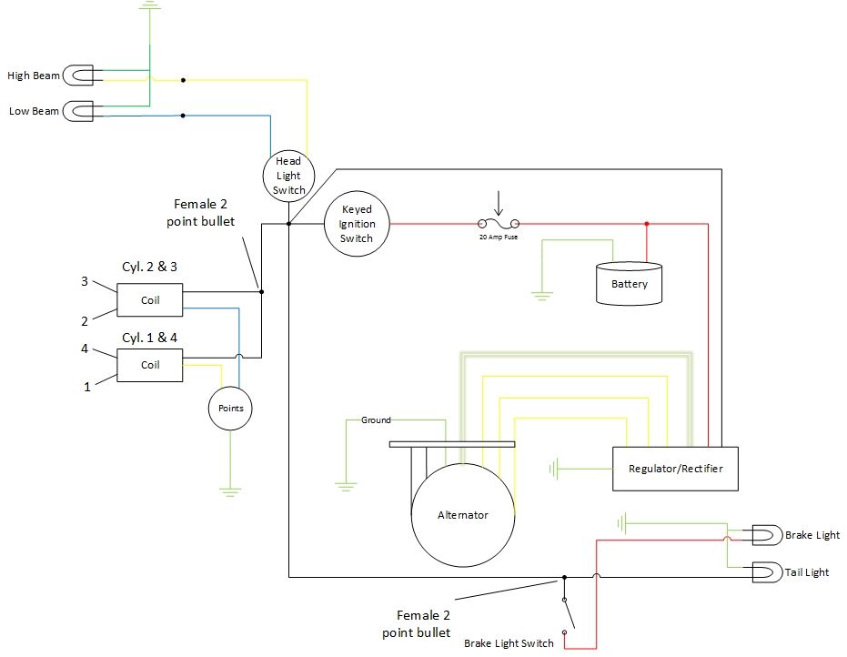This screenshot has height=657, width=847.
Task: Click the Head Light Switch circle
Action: click(x=289, y=176)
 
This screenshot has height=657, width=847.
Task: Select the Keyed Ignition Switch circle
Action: click(x=357, y=224)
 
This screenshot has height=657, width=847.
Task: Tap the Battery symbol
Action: click(x=629, y=283)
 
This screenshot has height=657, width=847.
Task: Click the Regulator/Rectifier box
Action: click(x=676, y=470)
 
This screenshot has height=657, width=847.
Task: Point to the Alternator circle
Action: click(x=463, y=515)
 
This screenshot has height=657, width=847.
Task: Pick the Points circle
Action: click(x=231, y=409)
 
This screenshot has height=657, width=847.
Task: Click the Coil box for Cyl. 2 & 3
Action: click(x=150, y=300)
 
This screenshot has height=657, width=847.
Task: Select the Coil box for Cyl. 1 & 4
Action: click(x=150, y=365)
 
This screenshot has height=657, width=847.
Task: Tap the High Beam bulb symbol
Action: click(x=83, y=76)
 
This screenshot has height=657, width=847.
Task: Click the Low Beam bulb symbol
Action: click(x=83, y=112)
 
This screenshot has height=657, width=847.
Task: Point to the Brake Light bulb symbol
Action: click(x=764, y=535)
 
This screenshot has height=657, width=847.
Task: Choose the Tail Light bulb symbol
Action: click(x=764, y=572)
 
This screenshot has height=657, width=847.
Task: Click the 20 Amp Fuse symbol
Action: click(x=499, y=224)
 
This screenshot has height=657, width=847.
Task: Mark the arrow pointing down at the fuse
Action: click(x=499, y=201)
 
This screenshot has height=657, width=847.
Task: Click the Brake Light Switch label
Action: click(x=509, y=643)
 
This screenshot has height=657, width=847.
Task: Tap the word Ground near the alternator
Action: click(x=376, y=420)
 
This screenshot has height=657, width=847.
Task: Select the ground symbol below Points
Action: click(x=231, y=492)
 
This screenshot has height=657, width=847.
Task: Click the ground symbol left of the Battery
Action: click(x=542, y=295)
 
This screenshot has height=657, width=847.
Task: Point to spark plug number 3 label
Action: click(x=85, y=281)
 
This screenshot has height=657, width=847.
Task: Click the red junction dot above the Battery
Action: click(x=647, y=224)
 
